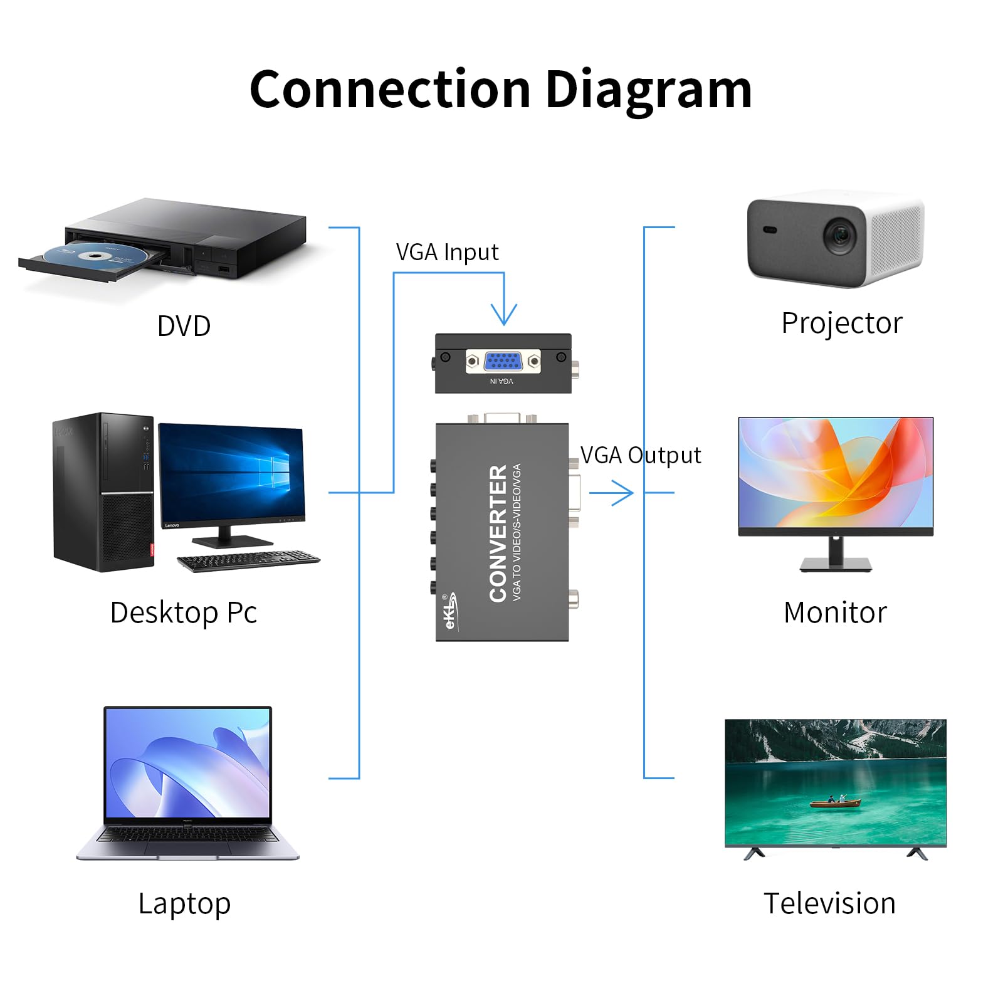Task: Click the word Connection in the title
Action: [390, 90]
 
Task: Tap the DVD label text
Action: [184, 326]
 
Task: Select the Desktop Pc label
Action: [183, 612]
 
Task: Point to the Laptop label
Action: [184, 904]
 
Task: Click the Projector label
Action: [841, 323]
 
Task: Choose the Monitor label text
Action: [835, 612]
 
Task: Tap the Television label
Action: [829, 903]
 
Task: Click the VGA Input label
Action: [447, 252]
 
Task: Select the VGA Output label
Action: [640, 455]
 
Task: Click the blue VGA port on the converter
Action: [503, 361]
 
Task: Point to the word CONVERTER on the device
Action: [498, 533]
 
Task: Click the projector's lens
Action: [840, 236]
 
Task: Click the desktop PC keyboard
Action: [248, 560]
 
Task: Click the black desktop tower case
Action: [103, 491]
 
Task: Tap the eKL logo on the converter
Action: [450, 611]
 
